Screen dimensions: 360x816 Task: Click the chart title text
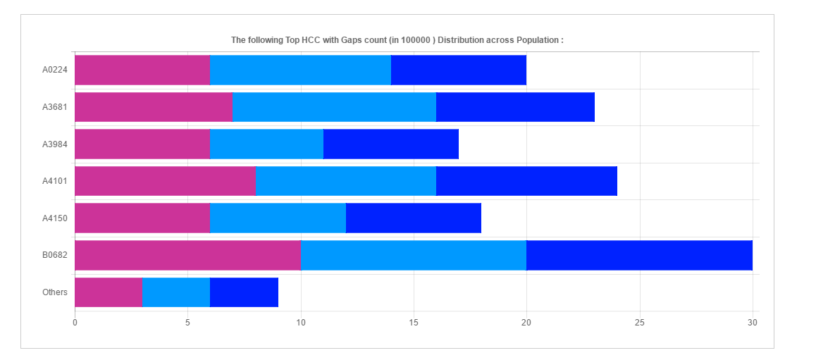tap(397, 40)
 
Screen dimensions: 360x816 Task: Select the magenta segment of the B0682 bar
tap(187, 255)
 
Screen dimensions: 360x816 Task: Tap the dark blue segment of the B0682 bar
tap(639, 255)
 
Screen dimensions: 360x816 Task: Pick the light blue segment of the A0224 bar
tap(300, 70)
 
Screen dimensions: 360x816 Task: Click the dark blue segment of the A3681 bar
tap(515, 107)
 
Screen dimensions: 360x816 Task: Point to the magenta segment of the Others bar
tap(108, 292)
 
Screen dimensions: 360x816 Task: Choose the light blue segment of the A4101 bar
tap(346, 181)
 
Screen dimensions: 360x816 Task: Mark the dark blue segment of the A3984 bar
tap(391, 144)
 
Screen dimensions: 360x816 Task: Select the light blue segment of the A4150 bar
tap(278, 218)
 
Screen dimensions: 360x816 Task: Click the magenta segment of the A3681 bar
tap(153, 107)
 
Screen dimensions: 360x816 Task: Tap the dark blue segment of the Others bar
tap(244, 292)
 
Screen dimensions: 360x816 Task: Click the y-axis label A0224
tap(54, 70)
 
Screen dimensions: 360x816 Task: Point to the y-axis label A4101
tap(54, 181)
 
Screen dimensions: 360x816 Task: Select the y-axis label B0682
tap(54, 255)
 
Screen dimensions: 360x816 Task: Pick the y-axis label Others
tap(54, 292)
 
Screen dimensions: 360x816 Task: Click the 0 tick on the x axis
tap(75, 323)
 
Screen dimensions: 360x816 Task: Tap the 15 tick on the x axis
tap(414, 323)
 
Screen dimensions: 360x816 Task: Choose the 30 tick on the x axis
tap(753, 323)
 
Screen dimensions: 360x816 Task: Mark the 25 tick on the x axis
tap(640, 323)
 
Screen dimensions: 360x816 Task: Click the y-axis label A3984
tap(54, 144)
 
